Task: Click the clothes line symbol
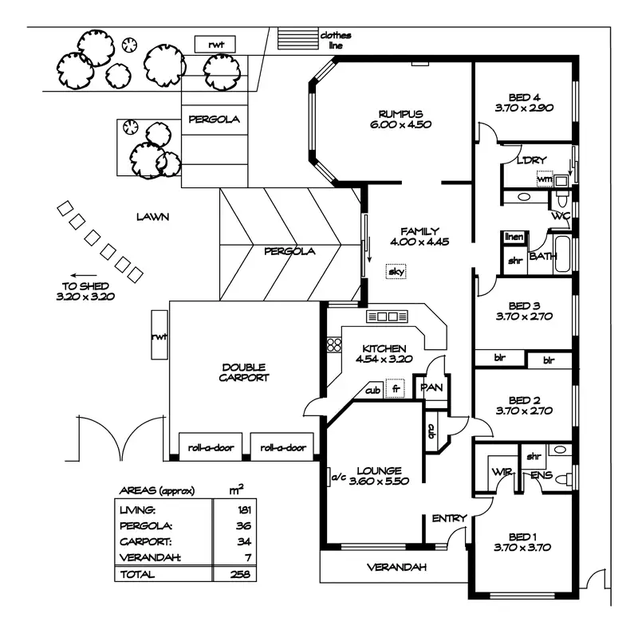(x=297, y=38)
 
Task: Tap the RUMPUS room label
(x=401, y=114)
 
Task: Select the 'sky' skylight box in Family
(x=396, y=272)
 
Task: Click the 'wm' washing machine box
(x=545, y=179)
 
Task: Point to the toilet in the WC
(x=562, y=199)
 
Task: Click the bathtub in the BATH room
(x=562, y=254)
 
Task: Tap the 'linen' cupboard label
(x=514, y=237)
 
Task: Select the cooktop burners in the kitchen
(x=334, y=344)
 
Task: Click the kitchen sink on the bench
(x=387, y=316)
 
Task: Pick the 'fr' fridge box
(x=396, y=389)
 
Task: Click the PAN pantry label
(x=431, y=387)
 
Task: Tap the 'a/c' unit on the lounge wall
(x=329, y=477)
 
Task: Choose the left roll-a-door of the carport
(x=211, y=447)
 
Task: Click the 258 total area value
(x=240, y=574)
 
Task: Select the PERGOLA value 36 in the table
(x=243, y=525)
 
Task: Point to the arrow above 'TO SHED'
(x=84, y=275)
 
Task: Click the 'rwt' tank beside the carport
(x=159, y=335)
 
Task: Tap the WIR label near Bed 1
(x=502, y=472)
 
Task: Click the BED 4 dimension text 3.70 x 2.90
(x=524, y=108)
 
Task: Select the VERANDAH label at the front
(x=396, y=567)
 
